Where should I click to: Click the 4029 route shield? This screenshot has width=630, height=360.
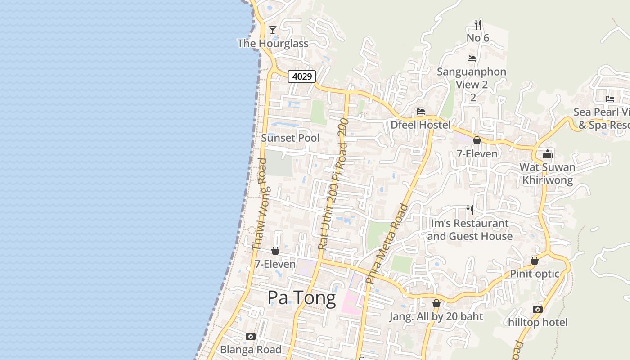pos(301,76)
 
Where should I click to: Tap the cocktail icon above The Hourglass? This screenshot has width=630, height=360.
pos(273,30)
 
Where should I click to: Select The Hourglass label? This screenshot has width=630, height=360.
pos(273,44)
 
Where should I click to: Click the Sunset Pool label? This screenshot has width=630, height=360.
pos(290,138)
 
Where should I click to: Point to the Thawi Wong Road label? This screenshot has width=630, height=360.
pos(260,207)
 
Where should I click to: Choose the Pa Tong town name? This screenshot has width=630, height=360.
pos(301,298)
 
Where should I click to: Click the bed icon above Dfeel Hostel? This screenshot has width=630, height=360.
pos(421,111)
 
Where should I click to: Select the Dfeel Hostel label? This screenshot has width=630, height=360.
pos(420,125)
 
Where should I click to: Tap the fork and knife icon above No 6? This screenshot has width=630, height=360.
pos(478,24)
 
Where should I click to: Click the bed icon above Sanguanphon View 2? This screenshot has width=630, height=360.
pos(472,58)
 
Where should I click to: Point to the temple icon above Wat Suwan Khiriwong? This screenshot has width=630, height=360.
pos(547,154)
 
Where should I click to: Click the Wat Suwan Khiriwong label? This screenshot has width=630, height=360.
pos(547,174)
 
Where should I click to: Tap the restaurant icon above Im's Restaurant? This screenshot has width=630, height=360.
pos(470,210)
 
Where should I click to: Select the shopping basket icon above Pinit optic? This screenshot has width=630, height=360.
pos(535,261)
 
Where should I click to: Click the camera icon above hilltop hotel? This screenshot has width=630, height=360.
pos(537,309)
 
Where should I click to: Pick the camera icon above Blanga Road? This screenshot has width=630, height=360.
pos(251,336)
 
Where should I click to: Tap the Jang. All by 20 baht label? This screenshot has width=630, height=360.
pos(436,317)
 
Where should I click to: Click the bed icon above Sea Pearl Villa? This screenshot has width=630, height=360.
pos(610,99)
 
